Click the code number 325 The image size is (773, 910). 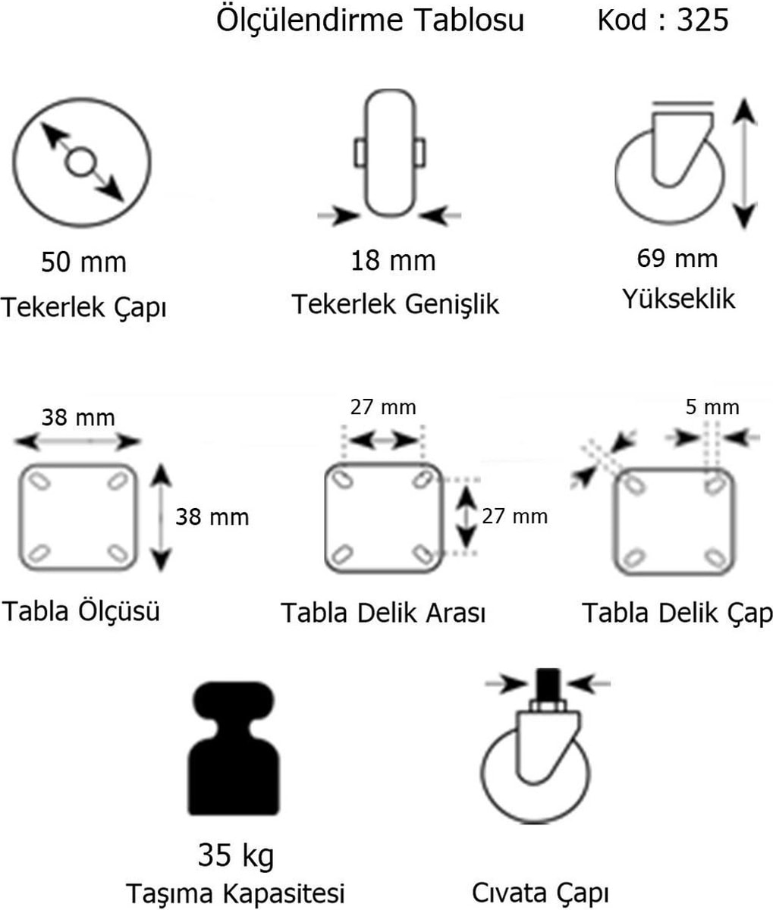[x=702, y=20]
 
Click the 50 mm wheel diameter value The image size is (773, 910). [x=83, y=262]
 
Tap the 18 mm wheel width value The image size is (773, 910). [x=393, y=260]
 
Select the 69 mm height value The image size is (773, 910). [x=677, y=258]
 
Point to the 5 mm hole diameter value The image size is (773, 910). [x=712, y=407]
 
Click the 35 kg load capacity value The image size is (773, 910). [x=236, y=855]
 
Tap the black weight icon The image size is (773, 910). [x=234, y=748]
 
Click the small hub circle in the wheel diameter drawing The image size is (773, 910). [x=80, y=162]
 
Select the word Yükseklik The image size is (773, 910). [x=678, y=299]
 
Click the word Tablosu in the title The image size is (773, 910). [x=470, y=20]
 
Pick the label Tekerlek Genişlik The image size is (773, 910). [x=395, y=304]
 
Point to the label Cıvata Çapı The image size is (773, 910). [x=540, y=893]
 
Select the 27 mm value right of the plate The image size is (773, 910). [x=515, y=516]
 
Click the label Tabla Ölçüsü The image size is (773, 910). [x=81, y=611]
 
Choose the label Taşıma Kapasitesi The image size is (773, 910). [x=236, y=893]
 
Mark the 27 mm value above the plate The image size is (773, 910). [x=383, y=407]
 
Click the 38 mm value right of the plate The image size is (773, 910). [x=212, y=517]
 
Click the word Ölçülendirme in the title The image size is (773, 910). [x=310, y=20]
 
